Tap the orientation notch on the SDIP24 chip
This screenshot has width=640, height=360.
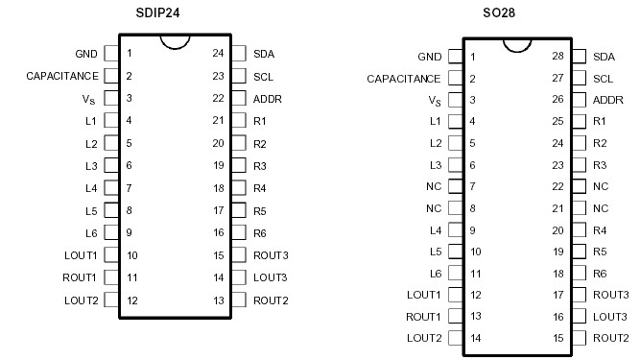pos(174,41)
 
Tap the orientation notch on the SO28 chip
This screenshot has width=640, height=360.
pos(516,43)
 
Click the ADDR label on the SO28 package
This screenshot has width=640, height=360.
pos(608,100)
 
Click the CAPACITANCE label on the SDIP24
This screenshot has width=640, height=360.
pos(61,75)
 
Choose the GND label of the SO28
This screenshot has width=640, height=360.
pos(430,57)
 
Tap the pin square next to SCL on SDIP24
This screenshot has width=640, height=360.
pos(239,75)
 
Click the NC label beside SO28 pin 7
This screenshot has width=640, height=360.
pos(435,186)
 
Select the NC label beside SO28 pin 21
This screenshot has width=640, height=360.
pos(601,208)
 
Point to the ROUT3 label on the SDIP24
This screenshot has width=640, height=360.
pos(272,255)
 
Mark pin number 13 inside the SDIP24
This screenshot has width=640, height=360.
pos(218,300)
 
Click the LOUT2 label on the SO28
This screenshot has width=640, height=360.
pos(423,338)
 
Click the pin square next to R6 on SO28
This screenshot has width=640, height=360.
pos(581,274)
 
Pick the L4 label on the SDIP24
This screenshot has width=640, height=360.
pos(91,188)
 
